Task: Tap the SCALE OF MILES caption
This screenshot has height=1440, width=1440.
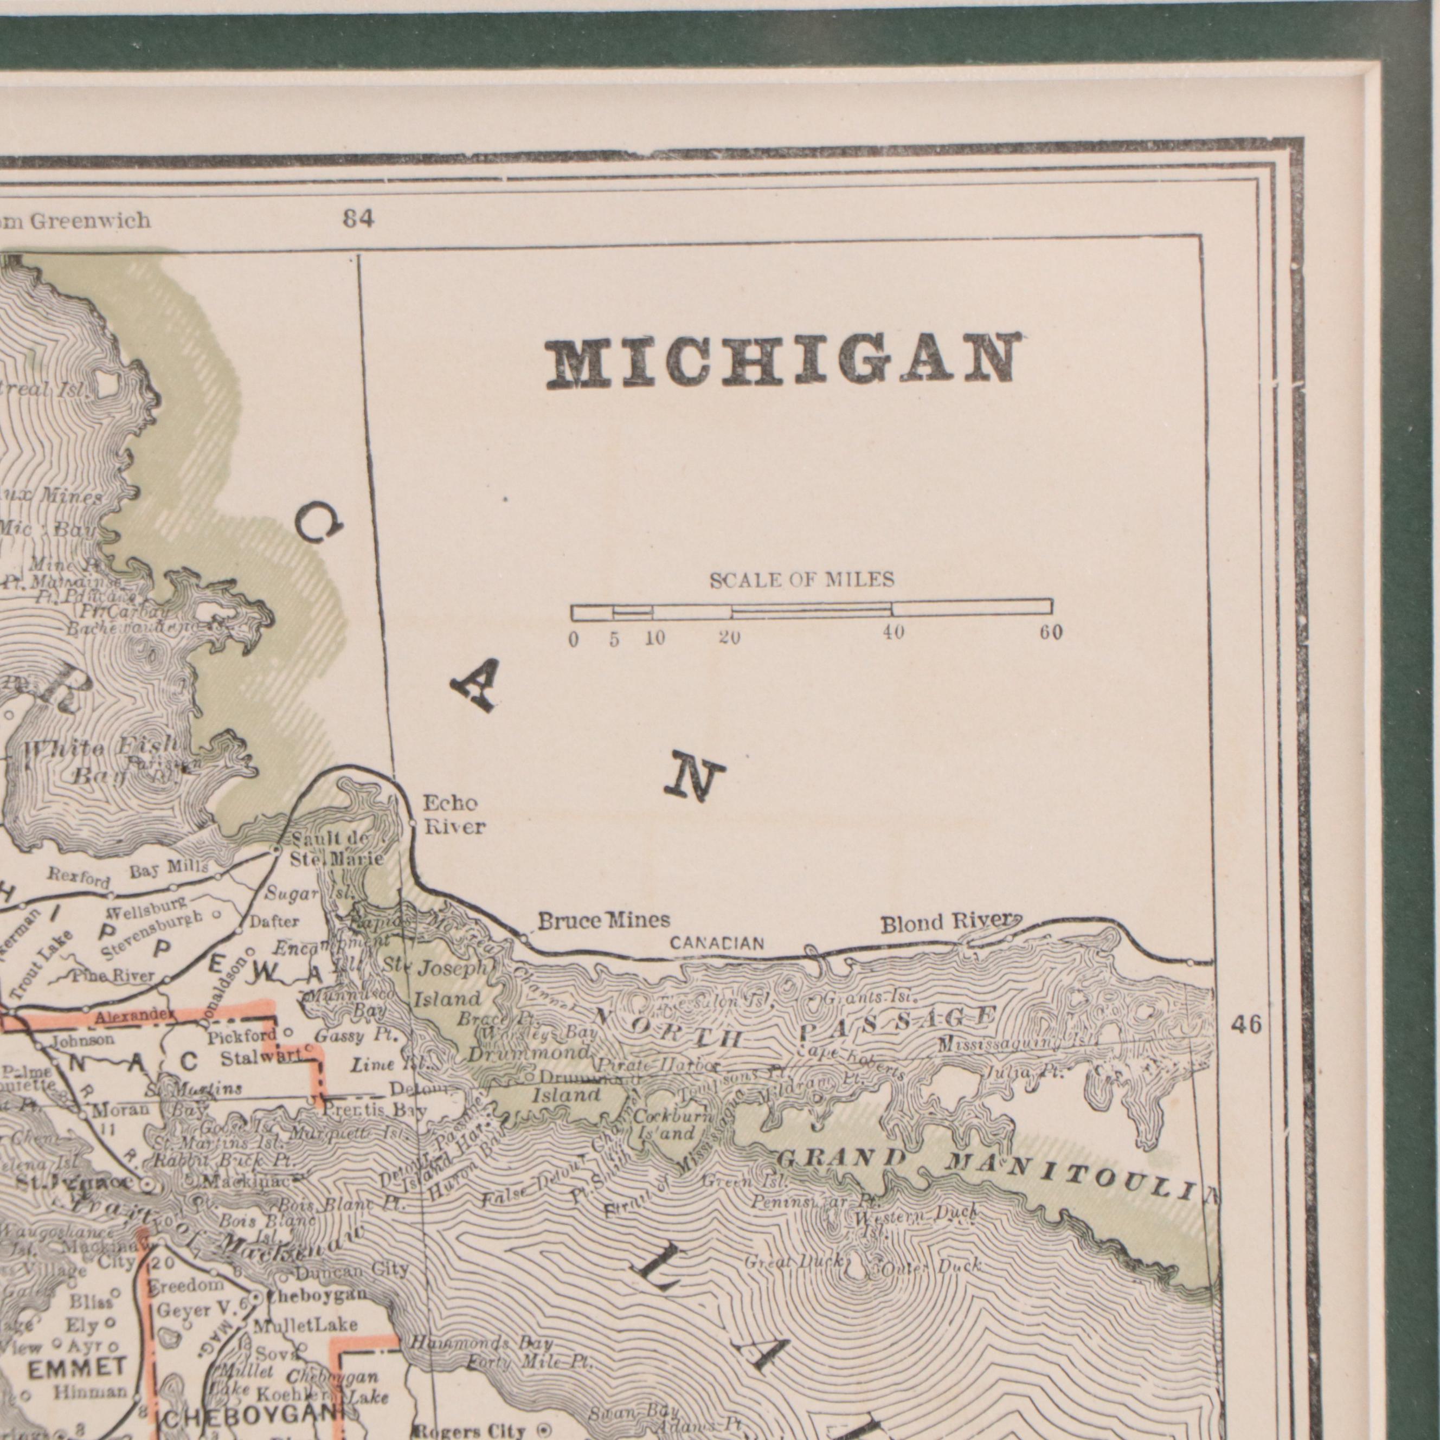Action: point(801,580)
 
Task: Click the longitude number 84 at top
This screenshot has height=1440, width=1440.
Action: point(358,219)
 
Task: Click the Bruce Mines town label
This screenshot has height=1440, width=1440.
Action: point(604,921)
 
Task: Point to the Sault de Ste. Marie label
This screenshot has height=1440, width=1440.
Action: point(336,849)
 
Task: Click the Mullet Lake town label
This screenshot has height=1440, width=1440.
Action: point(305,1325)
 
